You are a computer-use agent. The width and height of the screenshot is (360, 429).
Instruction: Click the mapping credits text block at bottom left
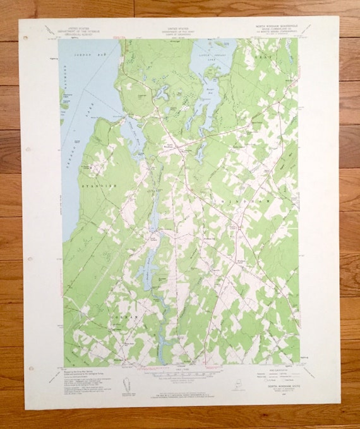point(80,376)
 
